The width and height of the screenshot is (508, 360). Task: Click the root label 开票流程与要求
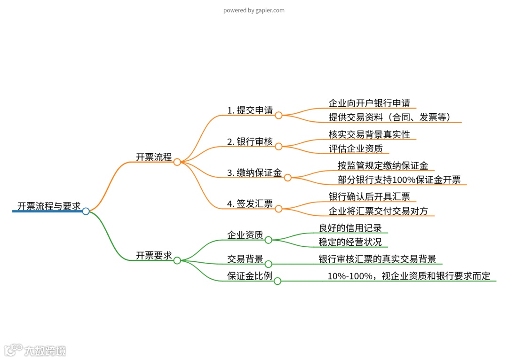pos(49,206)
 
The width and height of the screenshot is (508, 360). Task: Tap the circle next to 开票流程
pos(177,162)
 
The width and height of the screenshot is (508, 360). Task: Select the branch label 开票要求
pos(154,256)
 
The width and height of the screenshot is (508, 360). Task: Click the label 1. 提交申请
pos(250,110)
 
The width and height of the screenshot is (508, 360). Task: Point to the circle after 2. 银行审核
pos(278,147)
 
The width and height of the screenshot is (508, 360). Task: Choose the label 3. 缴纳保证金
pos(254,173)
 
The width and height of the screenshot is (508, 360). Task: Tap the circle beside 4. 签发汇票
pos(278,209)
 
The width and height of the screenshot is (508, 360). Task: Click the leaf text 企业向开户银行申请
pos(369,103)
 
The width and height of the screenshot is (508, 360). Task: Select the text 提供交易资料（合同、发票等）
pos(390,117)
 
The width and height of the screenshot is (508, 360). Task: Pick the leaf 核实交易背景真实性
pos(369,134)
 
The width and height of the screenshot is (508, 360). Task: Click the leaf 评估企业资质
pos(356,149)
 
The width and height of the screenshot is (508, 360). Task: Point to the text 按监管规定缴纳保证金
pos(383,165)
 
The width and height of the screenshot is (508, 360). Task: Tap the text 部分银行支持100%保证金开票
pos(399,180)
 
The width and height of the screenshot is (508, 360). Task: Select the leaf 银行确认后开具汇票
pos(369,196)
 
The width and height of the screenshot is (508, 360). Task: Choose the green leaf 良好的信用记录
pos(350,228)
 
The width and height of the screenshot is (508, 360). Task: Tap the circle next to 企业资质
pos(269,240)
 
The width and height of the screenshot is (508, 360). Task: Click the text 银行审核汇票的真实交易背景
pos(377,259)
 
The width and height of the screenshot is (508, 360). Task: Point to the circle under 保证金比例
pos(278,281)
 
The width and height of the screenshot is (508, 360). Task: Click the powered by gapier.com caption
pos(254,10)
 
